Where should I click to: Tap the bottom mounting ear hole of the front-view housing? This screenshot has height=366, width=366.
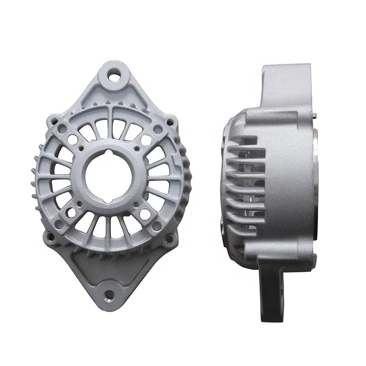click(x=109, y=294)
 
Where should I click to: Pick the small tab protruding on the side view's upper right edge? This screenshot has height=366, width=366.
click(x=317, y=116)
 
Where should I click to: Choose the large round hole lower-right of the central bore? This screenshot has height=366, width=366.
click(x=144, y=213)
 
